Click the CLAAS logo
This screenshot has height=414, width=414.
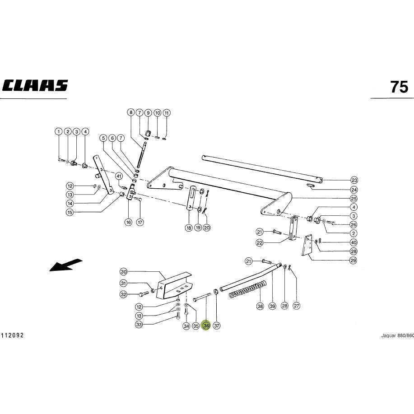pyautogui.click(x=35, y=85)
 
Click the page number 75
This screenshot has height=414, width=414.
pyautogui.click(x=399, y=87)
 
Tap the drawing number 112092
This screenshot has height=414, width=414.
pyautogui.click(x=12, y=335)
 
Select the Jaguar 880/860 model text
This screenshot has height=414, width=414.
pyautogui.click(x=397, y=335)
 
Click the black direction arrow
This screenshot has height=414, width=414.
pyautogui.click(x=66, y=265)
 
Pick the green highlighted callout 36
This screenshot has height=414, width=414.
pyautogui.click(x=206, y=326)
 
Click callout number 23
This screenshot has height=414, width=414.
pyautogui.click(x=354, y=180)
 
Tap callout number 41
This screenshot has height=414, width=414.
pyautogui.click(x=119, y=176)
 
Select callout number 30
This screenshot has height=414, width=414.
pyautogui.click(x=124, y=272)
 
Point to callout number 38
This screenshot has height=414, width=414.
pyautogui.click(x=260, y=306)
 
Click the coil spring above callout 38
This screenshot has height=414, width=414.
pyautogui.click(x=248, y=290)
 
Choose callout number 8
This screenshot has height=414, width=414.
pyautogui.click(x=130, y=112)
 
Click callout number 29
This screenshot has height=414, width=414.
pyautogui.click(x=353, y=260)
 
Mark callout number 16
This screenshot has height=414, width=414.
pyautogui.click(x=128, y=222)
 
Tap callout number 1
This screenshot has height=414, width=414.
pyautogui.click(x=59, y=131)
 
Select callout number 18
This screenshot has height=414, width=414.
pyautogui.click(x=189, y=228)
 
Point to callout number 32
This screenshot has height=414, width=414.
pyautogui.click(x=124, y=294)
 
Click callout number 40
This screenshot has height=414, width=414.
pyautogui.click(x=354, y=242)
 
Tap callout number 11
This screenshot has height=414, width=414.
pyautogui.click(x=166, y=113)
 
